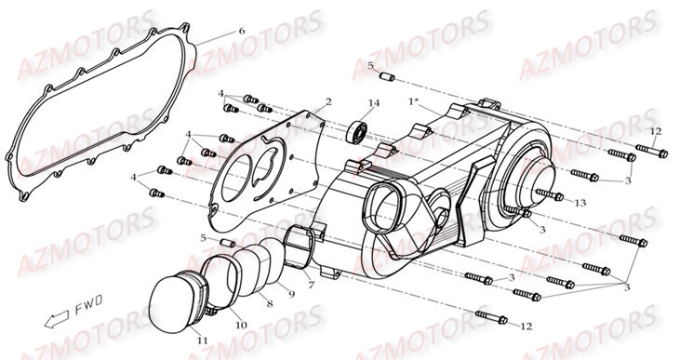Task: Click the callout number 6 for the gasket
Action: (x=242, y=31)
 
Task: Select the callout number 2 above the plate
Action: (x=328, y=100)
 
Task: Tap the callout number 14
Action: (x=374, y=102)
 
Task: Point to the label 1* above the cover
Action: (x=412, y=100)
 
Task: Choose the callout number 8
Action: (x=270, y=303)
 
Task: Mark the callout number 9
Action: (x=290, y=294)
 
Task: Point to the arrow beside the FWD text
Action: (x=58, y=316)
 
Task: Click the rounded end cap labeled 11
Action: (x=173, y=296)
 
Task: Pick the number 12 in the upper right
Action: (x=654, y=131)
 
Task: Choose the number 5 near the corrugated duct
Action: (x=203, y=238)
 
